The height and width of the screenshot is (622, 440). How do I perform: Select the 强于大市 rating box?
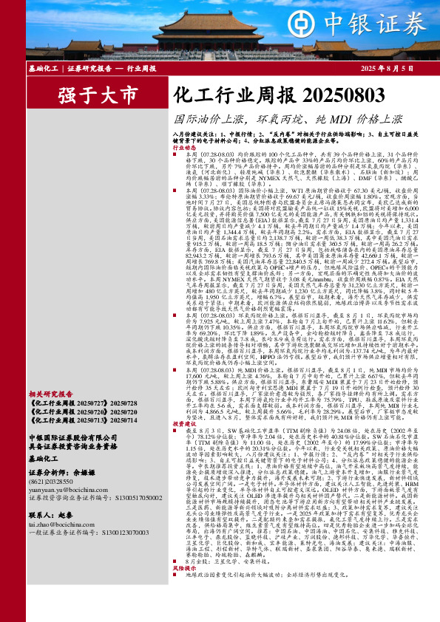point(98,96)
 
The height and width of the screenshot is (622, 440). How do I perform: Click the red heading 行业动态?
point(187,148)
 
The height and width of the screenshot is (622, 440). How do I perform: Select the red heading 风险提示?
point(187,589)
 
